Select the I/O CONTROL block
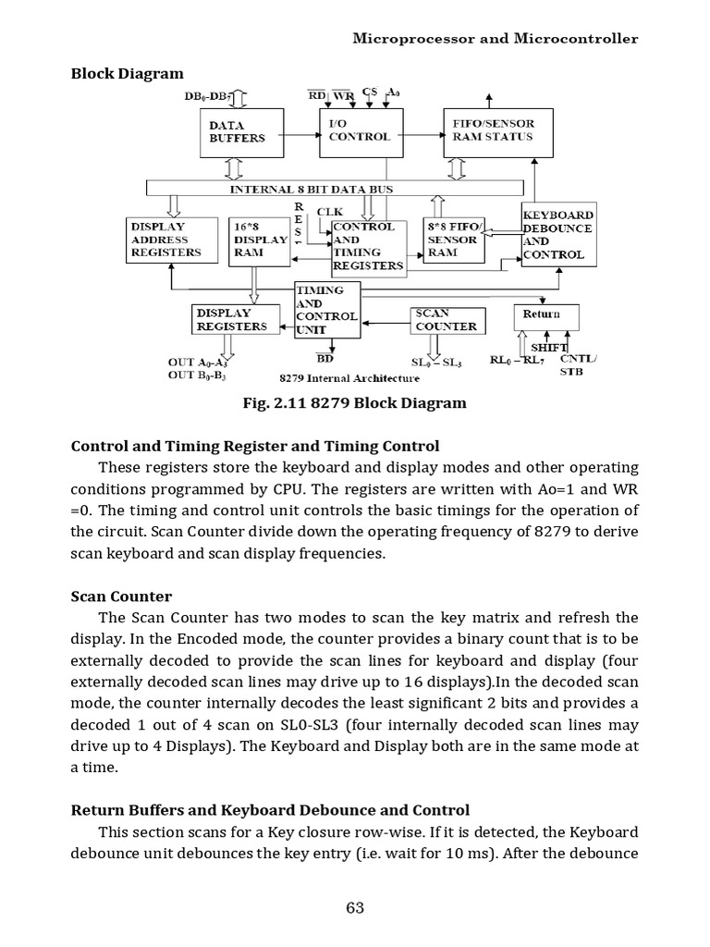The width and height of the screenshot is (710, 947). coord(361,131)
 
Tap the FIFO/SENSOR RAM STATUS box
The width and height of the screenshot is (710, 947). coord(491,131)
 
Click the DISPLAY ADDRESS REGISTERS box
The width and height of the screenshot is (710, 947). coord(172,240)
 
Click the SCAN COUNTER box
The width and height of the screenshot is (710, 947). coord(448,320)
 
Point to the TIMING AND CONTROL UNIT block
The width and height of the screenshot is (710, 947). coord(326,310)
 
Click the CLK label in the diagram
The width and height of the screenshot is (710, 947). coord(330,212)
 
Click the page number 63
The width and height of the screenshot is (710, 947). coord(355,907)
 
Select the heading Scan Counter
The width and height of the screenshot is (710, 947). coord(121,596)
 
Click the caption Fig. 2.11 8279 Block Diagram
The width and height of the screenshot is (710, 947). coord(354,403)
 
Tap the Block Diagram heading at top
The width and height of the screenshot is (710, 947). coord(128,73)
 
